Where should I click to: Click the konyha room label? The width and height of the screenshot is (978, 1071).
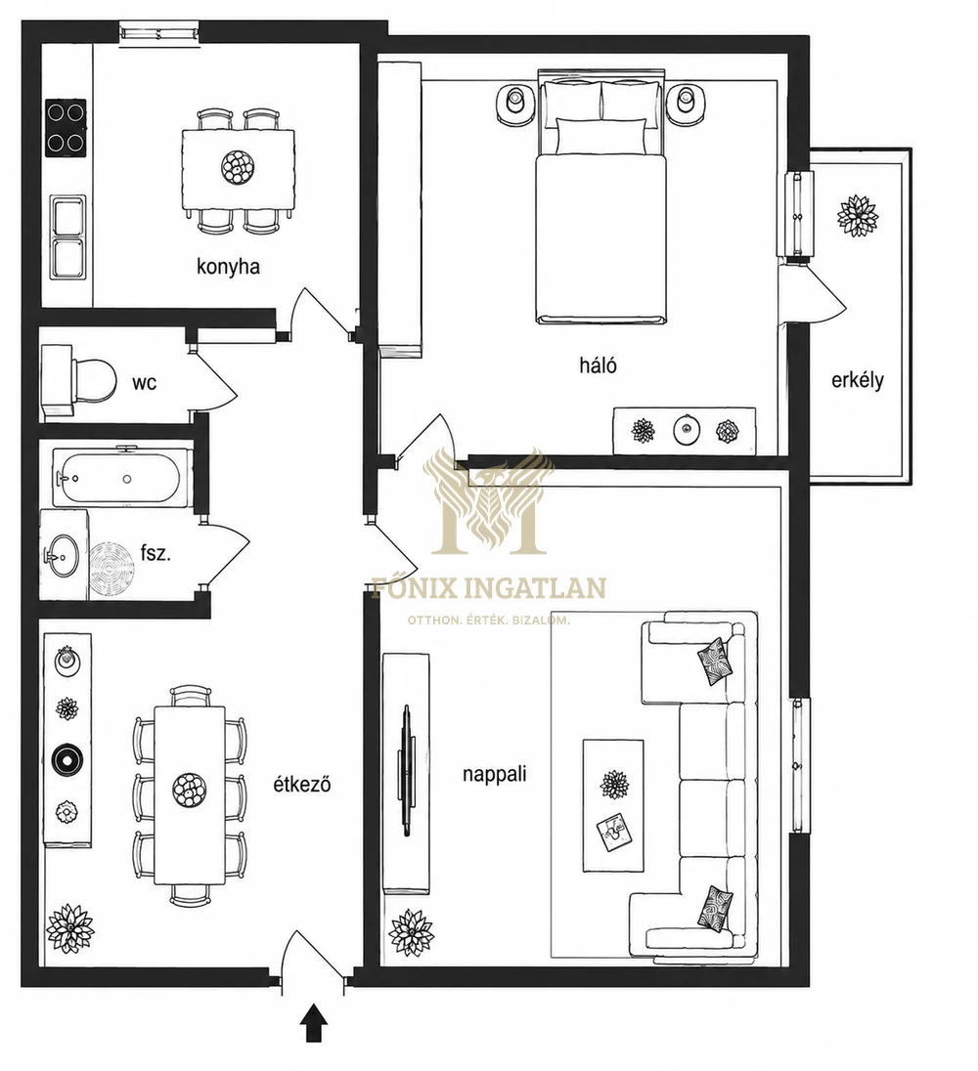(x=228, y=267)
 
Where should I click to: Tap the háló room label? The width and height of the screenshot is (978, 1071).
(x=598, y=365)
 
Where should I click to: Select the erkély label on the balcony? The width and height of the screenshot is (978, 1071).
(x=857, y=380)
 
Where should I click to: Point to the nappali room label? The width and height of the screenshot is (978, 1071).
(x=494, y=775)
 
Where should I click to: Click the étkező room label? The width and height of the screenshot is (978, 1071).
(x=302, y=784)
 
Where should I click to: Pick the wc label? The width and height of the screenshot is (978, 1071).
(x=144, y=383)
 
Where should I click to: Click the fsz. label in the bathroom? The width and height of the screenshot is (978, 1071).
(x=156, y=552)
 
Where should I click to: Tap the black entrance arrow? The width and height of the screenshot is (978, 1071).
(x=314, y=1022)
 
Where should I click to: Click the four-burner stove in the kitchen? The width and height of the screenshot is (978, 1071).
(x=67, y=128)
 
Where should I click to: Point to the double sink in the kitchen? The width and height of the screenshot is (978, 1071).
(x=68, y=237)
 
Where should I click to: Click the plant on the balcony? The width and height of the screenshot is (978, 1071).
(x=858, y=216)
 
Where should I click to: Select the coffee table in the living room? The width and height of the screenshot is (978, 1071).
(x=613, y=806)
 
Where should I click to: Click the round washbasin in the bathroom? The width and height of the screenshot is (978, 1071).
(x=63, y=554)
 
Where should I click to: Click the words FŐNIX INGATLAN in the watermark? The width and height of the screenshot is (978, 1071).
(x=488, y=588)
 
